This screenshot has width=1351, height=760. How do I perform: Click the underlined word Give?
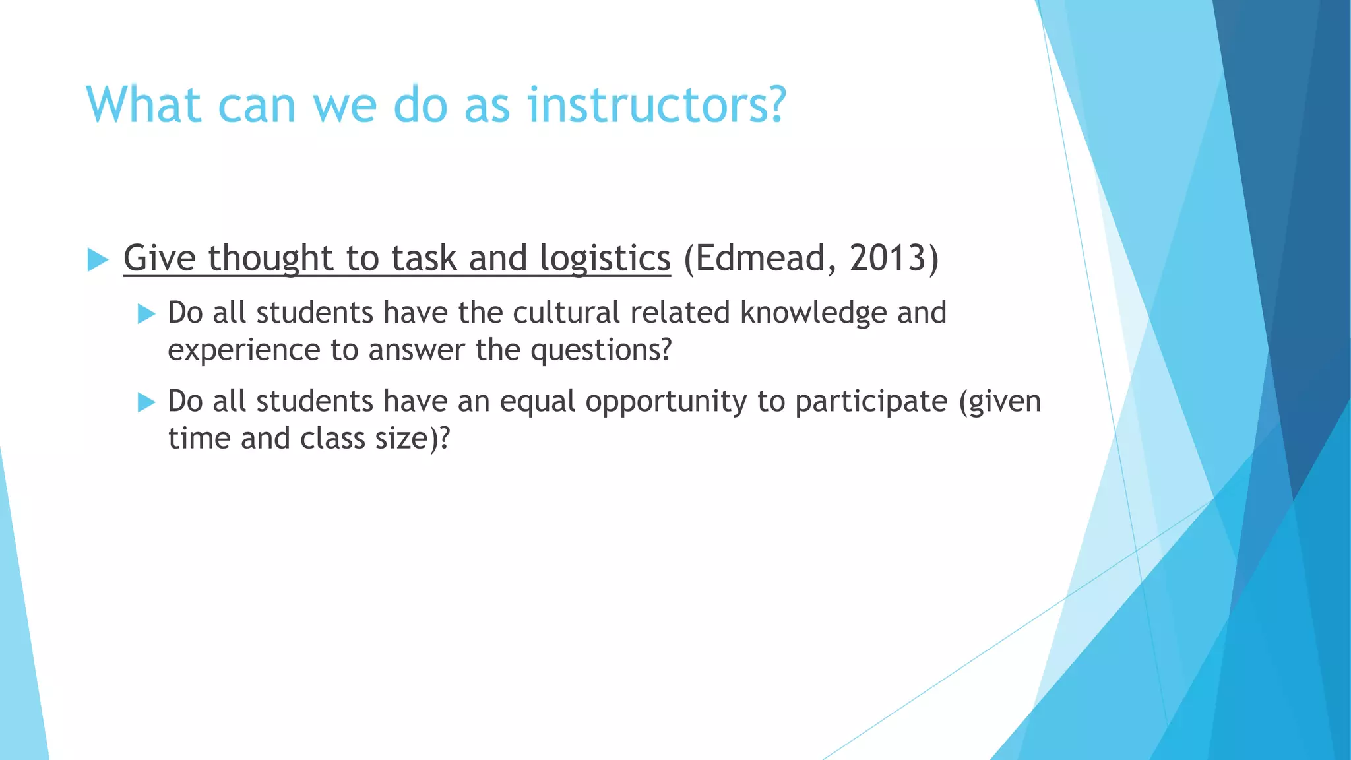(159, 258)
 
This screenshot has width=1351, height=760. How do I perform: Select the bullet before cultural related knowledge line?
(146, 314)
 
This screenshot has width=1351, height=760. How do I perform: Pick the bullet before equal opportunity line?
(146, 402)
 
